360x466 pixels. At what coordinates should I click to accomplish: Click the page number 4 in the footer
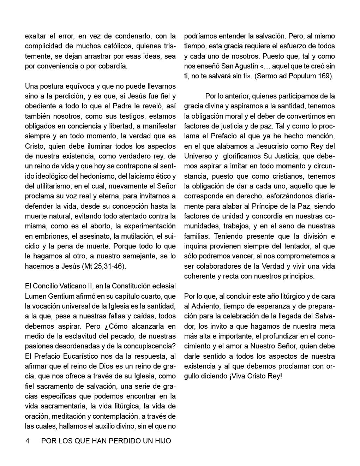(x=27, y=441)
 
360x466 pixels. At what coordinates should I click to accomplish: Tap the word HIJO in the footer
(x=163, y=441)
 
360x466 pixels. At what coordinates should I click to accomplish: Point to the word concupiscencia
(x=145, y=336)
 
